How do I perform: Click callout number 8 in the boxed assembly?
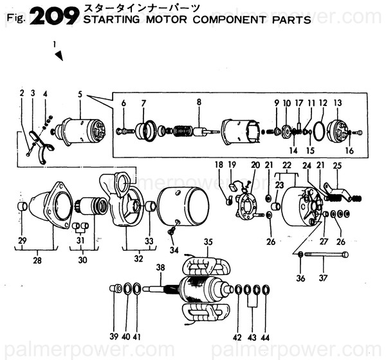click(199, 102)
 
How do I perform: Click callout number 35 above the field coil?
click(208, 242)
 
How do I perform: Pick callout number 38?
click(160, 266)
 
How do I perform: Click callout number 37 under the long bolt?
click(324, 278)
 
